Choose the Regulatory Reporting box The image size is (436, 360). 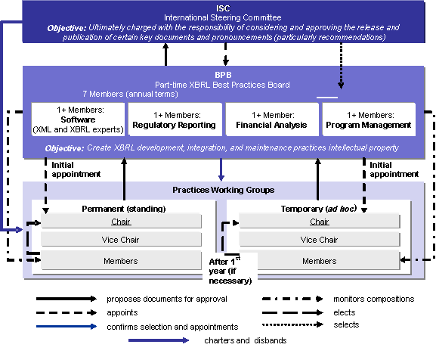(174, 119)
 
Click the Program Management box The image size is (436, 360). (368, 119)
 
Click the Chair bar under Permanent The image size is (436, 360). (121, 222)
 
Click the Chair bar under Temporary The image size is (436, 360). (319, 222)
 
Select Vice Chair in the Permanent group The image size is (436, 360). (121, 240)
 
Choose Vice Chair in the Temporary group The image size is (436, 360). (319, 240)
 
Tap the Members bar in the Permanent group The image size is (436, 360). (121, 261)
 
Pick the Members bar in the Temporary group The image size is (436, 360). (319, 261)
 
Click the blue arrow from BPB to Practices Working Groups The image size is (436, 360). (221, 169)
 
